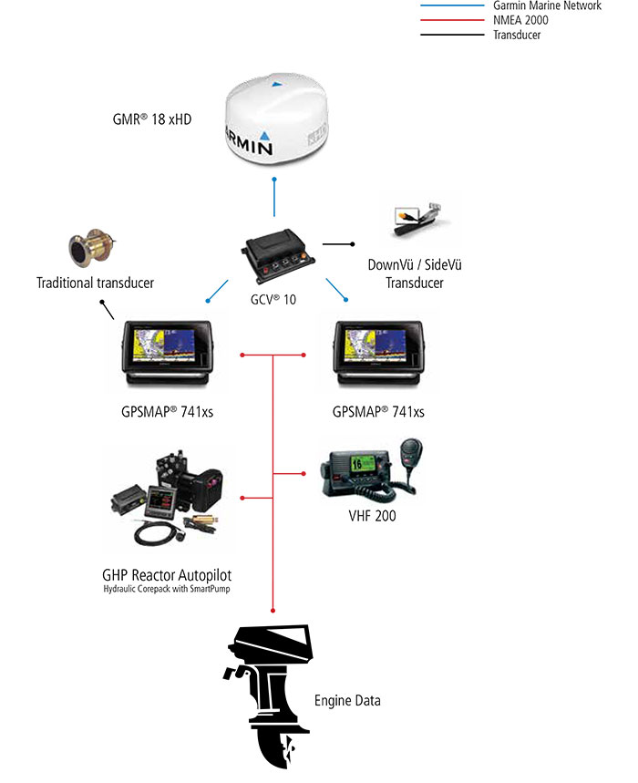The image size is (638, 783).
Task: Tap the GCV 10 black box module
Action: coord(277,254)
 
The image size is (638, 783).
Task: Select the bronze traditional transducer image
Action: coord(91,248)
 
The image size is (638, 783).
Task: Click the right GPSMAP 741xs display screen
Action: coord(376,350)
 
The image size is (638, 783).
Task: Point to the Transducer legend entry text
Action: coord(517,35)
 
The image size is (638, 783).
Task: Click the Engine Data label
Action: coord(347,701)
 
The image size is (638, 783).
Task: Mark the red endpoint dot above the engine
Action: coord(274,609)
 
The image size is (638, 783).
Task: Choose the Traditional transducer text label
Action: coord(95,283)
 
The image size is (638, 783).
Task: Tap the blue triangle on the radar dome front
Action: coord(264,144)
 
